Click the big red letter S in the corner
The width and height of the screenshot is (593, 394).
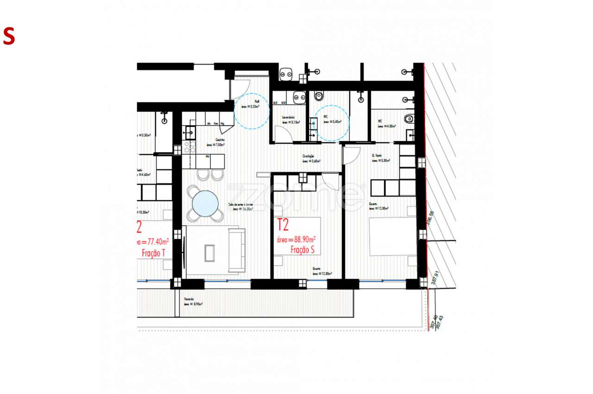point(9,36)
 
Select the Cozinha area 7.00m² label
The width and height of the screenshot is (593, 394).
point(215,142)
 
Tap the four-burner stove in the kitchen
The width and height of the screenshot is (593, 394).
point(190,147)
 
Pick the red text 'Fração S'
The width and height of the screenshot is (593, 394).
point(303,250)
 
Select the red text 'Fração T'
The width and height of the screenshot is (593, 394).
point(153,253)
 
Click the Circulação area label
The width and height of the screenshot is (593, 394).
point(311,159)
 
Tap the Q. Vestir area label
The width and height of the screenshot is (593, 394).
point(381,158)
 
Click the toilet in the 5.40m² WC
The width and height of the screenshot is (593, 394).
point(319,96)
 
